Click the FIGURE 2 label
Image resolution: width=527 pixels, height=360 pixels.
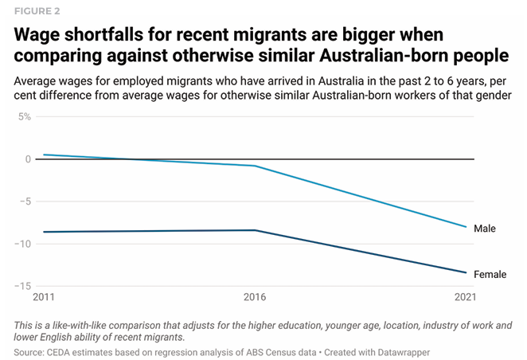tap(37, 11)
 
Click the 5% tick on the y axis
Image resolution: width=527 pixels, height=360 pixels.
tap(22, 116)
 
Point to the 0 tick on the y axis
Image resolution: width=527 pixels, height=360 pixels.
tap(27, 159)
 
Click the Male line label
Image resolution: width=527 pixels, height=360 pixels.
tap(485, 229)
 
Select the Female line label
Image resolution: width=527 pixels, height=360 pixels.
tap(490, 275)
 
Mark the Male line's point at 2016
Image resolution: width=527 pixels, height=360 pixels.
tap(254, 166)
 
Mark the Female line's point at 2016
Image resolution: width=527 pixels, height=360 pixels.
tap(254, 230)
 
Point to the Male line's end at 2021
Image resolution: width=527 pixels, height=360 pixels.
tap(466, 227)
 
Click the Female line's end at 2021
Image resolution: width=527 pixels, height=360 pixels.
tap(466, 272)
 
